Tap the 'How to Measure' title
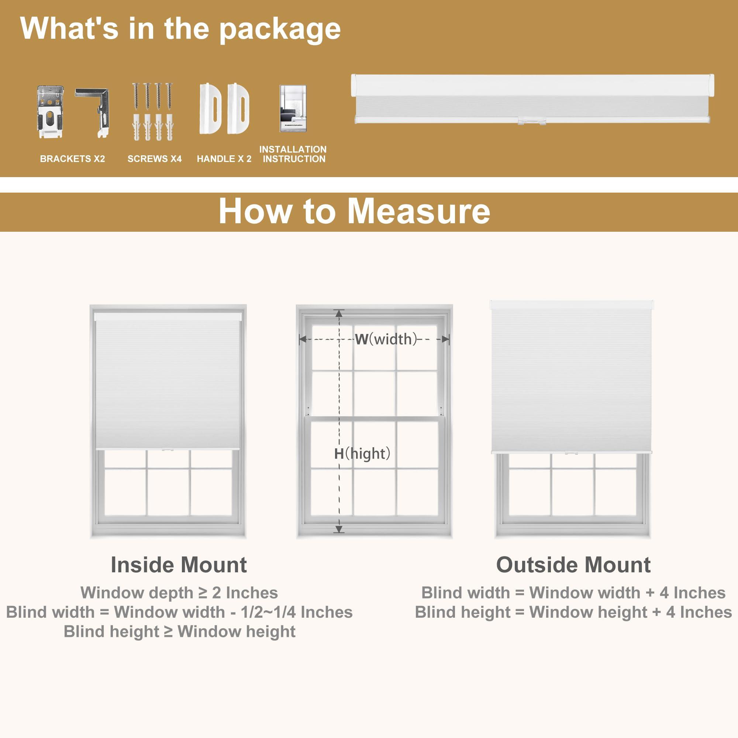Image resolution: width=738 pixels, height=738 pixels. point(355,211)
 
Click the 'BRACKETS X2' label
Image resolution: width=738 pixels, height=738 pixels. point(73,159)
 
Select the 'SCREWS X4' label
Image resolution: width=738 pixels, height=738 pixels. point(155,159)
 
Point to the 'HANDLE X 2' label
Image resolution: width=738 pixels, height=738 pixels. point(224,159)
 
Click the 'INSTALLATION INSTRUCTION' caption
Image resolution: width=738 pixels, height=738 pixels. point(293,154)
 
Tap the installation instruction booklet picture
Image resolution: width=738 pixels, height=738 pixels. point(293,108)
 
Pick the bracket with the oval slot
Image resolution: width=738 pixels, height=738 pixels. point(51,112)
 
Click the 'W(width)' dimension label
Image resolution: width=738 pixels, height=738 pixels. point(386,339)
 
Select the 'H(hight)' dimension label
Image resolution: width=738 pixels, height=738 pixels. point(362,454)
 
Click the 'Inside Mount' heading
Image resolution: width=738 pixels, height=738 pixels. point(179,565)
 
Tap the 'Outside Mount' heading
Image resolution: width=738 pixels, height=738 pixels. point(573,565)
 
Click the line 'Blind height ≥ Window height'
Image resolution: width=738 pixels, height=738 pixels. point(180,631)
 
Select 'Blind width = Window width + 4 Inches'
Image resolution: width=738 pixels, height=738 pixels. point(573,593)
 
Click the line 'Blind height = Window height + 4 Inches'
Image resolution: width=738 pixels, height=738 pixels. point(573,612)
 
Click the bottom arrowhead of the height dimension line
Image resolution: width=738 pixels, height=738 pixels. point(339,529)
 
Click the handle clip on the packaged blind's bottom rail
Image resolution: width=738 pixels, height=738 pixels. point(532,121)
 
